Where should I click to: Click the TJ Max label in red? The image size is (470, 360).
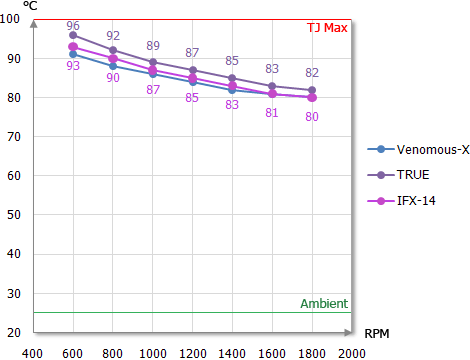(327, 27)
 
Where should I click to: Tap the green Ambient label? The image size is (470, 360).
(324, 304)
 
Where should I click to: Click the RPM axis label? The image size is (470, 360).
(377, 334)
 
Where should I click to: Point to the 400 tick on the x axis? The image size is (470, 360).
(33, 353)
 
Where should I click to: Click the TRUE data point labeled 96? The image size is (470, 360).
(73, 35)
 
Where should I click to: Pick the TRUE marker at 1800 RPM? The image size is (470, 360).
(313, 90)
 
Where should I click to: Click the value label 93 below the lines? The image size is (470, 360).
(73, 66)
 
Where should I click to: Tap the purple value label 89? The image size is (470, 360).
(153, 45)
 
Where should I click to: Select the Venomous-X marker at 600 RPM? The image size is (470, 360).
(73, 54)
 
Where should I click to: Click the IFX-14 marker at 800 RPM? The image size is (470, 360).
(113, 58)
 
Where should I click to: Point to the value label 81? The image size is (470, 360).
(272, 113)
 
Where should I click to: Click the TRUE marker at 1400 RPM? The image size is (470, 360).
(233, 78)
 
